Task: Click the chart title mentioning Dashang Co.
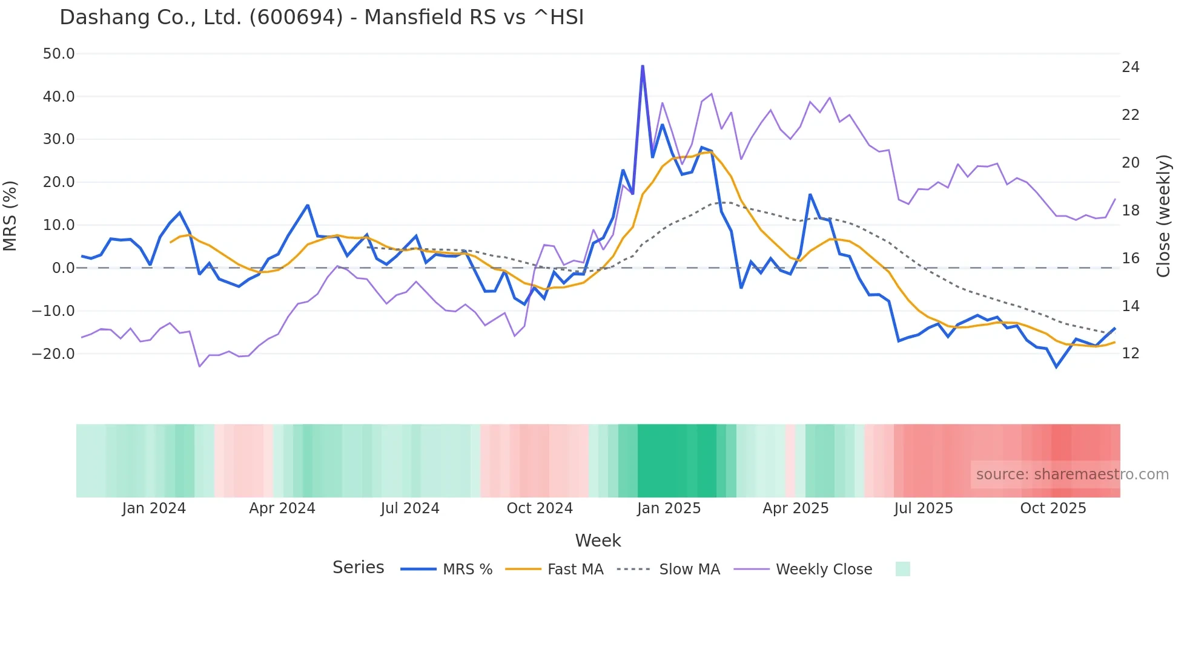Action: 322,18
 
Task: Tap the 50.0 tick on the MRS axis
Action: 59,54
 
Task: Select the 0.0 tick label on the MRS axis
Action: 63,268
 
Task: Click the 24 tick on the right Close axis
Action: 1130,67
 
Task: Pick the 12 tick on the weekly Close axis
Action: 1130,353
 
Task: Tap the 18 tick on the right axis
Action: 1130,211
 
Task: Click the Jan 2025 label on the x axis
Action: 669,508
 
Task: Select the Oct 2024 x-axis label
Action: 540,508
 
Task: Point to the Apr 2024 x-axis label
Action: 282,508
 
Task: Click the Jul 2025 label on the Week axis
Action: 924,508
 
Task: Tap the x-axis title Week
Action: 598,540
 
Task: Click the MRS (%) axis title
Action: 10,216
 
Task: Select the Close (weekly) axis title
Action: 1163,216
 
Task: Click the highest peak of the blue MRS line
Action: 643,66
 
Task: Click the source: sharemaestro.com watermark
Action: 1072,475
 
